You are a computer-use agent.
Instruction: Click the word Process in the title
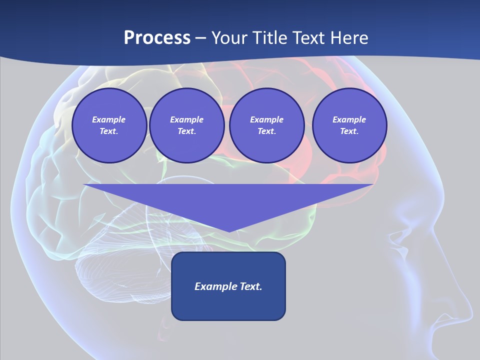157,38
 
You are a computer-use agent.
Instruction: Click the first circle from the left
109,125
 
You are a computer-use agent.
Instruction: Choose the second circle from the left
186,125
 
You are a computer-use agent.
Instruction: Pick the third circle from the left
266,125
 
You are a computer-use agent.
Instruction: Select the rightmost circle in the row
349,125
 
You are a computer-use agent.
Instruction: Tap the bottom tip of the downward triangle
228,231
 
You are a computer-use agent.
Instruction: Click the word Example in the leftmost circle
109,119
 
